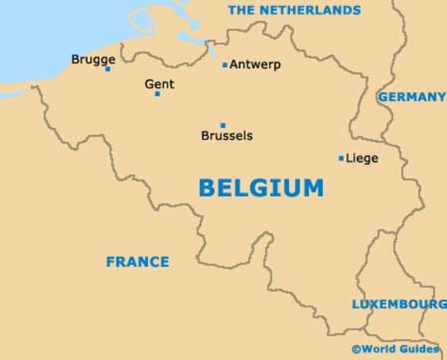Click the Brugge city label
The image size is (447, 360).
pyautogui.click(x=93, y=59)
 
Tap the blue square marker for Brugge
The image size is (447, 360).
pyautogui.click(x=107, y=69)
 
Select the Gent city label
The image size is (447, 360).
pyautogui.click(x=159, y=84)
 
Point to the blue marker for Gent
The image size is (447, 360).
pyautogui.click(x=157, y=94)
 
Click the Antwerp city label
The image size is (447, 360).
pyautogui.click(x=255, y=64)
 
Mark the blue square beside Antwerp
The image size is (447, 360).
pyautogui.click(x=225, y=65)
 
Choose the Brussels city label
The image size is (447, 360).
pyautogui.click(x=227, y=136)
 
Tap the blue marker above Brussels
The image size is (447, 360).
pyautogui.click(x=222, y=125)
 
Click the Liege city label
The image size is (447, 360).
pyautogui.click(x=362, y=158)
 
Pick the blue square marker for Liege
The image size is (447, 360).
pyautogui.click(x=341, y=158)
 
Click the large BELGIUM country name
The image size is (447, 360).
pyautogui.click(x=261, y=187)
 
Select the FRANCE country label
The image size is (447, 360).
pyautogui.click(x=137, y=262)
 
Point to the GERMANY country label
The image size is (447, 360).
pyautogui.click(x=412, y=97)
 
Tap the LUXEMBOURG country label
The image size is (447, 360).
pyautogui.click(x=398, y=304)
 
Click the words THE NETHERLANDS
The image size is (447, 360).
pyautogui.click(x=294, y=10)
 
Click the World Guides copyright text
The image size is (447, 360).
pyautogui.click(x=395, y=349)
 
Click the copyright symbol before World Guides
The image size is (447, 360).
pyautogui.click(x=356, y=349)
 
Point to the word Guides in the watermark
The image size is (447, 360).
pyautogui.click(x=421, y=349)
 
